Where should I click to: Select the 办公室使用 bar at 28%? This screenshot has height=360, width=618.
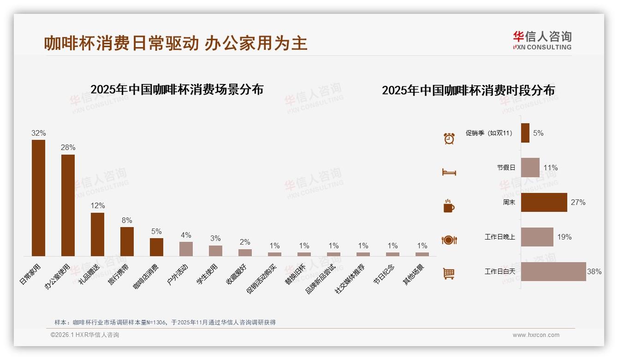[68, 205]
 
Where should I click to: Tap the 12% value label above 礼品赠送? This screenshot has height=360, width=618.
[97, 205]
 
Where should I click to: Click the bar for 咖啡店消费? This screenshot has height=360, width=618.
[156, 247]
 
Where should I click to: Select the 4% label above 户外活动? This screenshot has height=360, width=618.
[186, 235]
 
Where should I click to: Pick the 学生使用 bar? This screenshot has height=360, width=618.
[215, 251]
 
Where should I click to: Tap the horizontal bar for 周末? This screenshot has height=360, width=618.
[544, 202]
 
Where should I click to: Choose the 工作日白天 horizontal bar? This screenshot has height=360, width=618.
[553, 271]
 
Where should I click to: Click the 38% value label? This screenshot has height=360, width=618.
[594, 271]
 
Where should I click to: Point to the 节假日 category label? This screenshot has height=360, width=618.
[506, 168]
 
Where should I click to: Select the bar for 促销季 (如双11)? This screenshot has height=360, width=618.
[525, 133]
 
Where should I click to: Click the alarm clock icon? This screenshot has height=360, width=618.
[449, 138]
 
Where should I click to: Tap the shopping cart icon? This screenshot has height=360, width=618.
[449, 273]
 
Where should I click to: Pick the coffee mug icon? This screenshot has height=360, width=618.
[449, 206]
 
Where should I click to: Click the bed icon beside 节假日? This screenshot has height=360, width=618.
[449, 172]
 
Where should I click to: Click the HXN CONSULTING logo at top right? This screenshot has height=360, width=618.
[542, 41]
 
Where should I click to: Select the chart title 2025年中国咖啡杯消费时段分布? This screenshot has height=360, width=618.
[468, 90]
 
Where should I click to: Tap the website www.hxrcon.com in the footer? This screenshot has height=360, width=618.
[536, 335]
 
